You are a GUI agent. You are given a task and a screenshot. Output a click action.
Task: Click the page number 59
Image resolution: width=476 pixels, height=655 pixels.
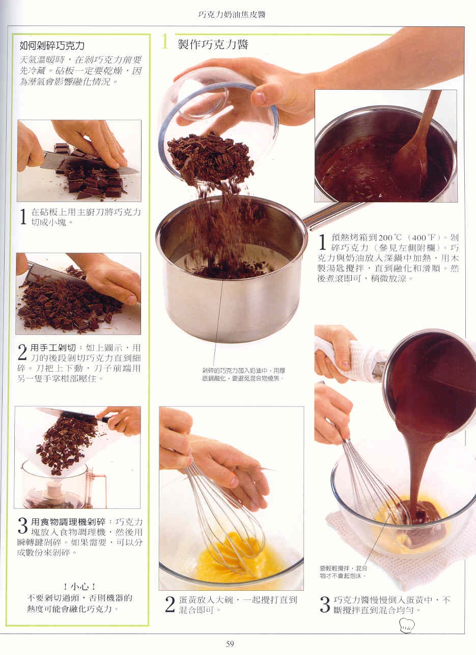pos(230,644)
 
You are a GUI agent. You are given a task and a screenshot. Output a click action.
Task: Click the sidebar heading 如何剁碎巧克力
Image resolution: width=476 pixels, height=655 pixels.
pos(52,45)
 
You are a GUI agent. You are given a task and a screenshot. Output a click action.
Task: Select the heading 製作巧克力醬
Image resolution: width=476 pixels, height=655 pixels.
pos(213,44)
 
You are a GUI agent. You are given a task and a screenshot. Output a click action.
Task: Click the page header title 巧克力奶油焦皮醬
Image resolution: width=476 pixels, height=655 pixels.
pos(232,15)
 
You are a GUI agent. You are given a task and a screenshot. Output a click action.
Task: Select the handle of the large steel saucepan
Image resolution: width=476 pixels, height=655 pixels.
pos(333,214)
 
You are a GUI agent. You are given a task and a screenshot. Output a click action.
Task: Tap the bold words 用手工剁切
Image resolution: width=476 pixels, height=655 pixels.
pos(53,348)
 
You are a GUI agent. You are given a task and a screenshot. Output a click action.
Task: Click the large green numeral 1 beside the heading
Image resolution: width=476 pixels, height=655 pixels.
pos(165,42)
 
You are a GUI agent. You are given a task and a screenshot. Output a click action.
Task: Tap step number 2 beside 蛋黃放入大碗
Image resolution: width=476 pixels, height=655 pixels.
pos(170,605)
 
